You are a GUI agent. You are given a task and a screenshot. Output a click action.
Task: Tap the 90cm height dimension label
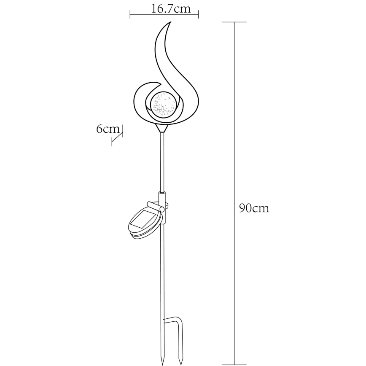[254, 208]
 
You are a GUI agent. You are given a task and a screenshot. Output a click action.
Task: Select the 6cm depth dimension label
[108, 129]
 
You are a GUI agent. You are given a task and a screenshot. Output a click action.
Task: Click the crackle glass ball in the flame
[164, 104]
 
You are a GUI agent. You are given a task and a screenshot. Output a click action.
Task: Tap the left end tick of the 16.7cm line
[130, 16]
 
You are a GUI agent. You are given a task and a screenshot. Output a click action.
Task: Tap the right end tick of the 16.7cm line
[199, 16]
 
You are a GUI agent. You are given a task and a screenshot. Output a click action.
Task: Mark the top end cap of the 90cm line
[234, 22]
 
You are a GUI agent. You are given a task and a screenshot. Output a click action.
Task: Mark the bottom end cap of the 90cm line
[234, 364]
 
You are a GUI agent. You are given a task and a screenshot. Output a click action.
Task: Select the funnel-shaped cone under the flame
[162, 128]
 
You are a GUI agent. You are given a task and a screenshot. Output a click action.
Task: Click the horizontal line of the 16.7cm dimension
[164, 16]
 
